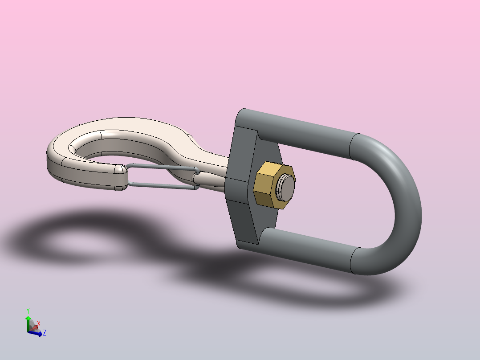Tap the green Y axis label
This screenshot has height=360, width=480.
tap(28, 311)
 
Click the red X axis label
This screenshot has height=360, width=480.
tap(38, 323)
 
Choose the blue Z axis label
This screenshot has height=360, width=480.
tap(45, 332)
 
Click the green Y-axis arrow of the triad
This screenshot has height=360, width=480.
tap(28, 321)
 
